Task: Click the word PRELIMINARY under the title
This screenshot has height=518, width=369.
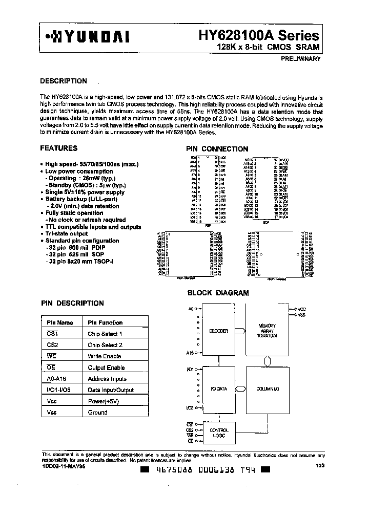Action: (x=300, y=59)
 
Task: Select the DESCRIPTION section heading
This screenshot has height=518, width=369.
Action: (x=64, y=81)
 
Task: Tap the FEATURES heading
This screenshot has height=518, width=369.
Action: (x=58, y=148)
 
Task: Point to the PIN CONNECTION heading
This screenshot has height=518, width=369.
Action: (x=217, y=149)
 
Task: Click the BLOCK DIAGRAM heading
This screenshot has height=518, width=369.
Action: (x=218, y=293)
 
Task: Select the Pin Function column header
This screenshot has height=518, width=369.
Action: (x=105, y=322)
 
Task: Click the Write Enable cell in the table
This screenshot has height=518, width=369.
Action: (x=104, y=356)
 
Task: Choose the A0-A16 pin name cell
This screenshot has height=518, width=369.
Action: (x=56, y=379)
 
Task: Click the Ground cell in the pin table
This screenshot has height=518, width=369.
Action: (x=97, y=413)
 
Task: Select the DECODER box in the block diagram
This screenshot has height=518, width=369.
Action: (x=218, y=331)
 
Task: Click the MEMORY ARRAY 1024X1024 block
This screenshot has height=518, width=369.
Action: (x=267, y=330)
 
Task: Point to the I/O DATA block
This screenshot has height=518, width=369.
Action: (x=218, y=389)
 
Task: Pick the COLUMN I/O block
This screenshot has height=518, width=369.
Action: (x=266, y=389)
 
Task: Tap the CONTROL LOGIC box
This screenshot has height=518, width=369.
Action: (x=219, y=433)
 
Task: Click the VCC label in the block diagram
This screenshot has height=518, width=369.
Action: (x=301, y=310)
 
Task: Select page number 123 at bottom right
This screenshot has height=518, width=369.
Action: (x=320, y=465)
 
